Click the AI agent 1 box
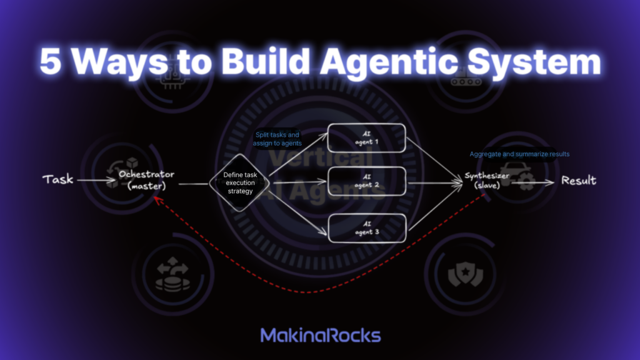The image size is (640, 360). point(367,139)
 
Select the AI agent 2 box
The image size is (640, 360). point(367,182)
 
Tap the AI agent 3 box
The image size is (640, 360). point(367,228)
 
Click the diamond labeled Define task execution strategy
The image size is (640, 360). point(238,182)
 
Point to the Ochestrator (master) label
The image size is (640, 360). point(146,179)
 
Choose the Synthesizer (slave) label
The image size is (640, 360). point(487,181)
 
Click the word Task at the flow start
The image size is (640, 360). point(57,180)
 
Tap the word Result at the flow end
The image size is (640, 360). point(578,181)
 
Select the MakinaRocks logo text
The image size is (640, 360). point(320,335)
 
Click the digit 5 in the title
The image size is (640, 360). point(51,64)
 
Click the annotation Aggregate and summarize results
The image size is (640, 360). point(519,154)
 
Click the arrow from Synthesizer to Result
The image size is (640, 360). point(534,181)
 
